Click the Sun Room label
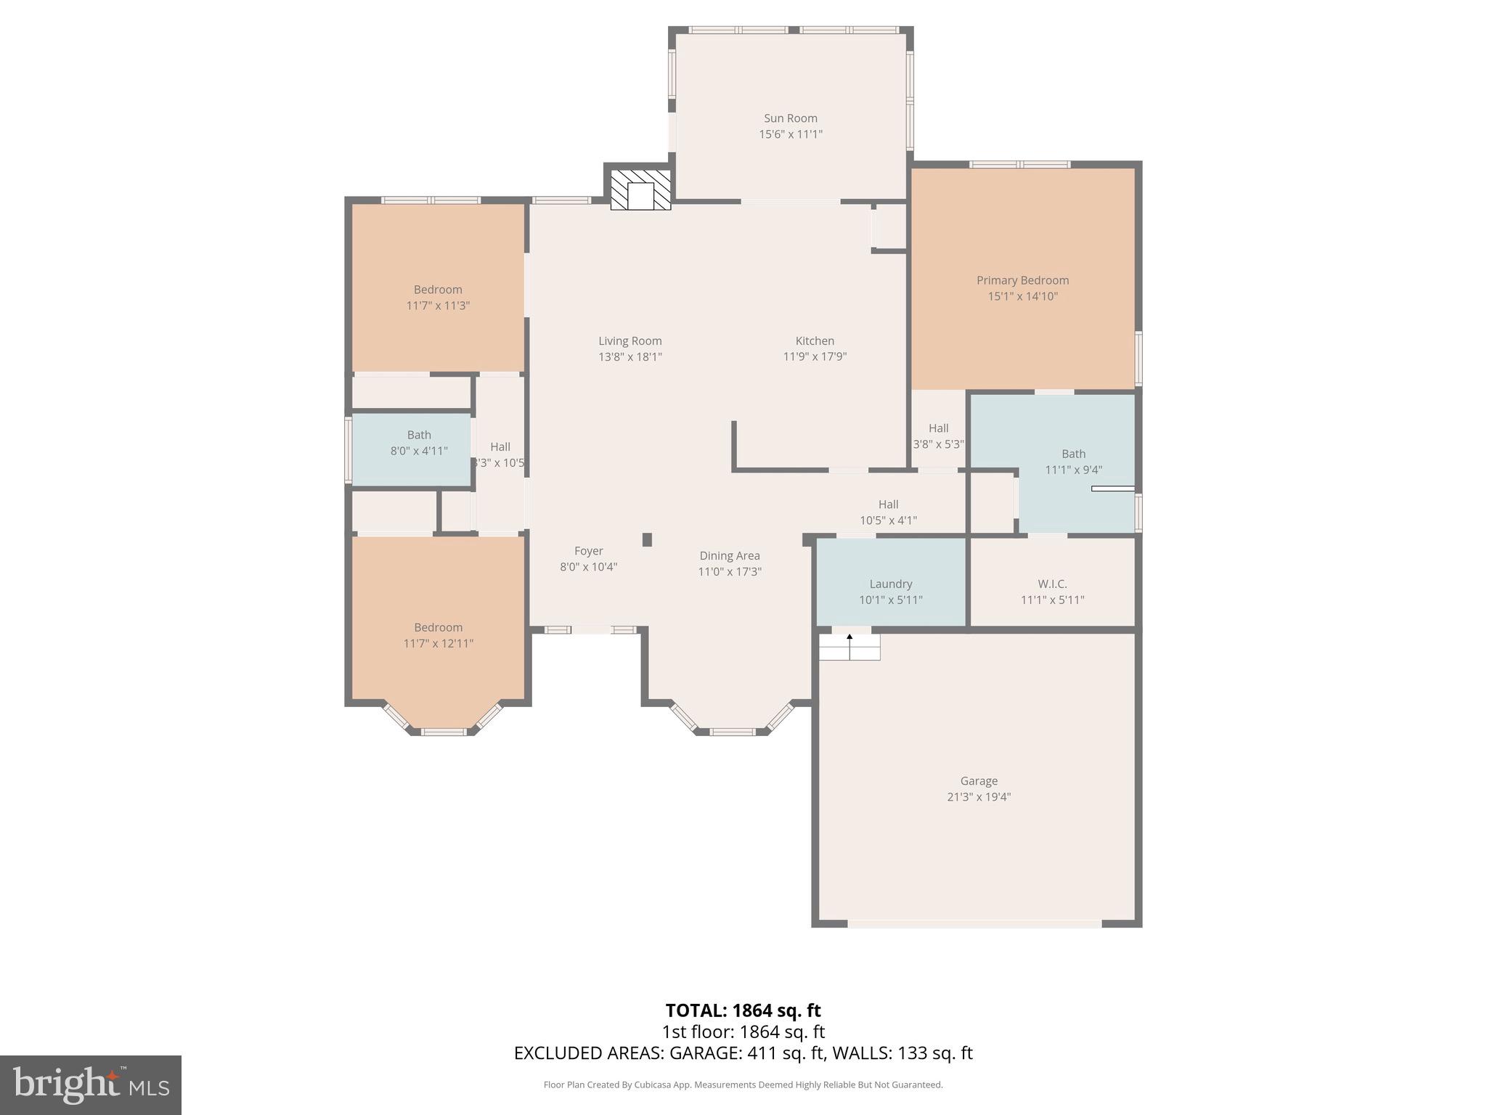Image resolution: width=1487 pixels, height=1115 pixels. tap(790, 118)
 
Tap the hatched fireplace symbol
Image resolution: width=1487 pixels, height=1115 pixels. tap(640, 191)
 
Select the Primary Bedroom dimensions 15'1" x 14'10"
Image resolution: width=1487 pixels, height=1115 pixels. tap(1022, 296)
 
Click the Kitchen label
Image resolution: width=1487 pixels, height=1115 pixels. tap(815, 340)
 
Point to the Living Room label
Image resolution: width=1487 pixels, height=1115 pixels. tap(630, 340)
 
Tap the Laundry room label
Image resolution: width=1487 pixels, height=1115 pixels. tap(890, 584)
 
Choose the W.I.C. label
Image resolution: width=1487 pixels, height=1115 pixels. tap(1052, 584)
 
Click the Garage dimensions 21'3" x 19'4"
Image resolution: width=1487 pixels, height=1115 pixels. tap(979, 796)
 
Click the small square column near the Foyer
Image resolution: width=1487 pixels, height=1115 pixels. tap(647, 539)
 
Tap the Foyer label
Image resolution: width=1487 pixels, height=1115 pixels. tap(588, 551)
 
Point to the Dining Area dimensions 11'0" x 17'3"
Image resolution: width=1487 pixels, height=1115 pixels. tap(729, 571)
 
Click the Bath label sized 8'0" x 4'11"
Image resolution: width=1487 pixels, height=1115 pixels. tap(419, 435)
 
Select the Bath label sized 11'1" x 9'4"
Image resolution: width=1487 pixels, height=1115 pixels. tap(1073, 454)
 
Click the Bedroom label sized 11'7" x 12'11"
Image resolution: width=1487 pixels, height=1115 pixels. tap(438, 627)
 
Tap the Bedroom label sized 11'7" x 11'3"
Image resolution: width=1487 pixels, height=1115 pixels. tap(438, 290)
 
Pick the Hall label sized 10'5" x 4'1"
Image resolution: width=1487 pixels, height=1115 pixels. tap(888, 505)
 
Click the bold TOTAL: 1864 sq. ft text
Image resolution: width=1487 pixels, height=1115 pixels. tap(743, 1010)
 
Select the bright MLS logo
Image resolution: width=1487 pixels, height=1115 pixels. tap(91, 1085)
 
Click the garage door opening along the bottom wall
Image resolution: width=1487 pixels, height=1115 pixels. tap(974, 924)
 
